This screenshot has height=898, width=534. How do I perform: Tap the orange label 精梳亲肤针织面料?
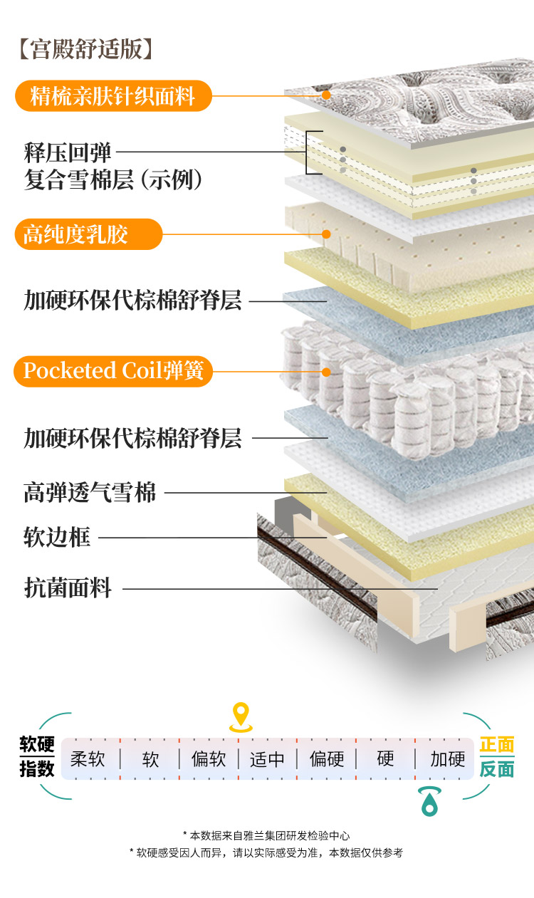(113, 95)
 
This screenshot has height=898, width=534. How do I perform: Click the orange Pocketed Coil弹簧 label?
(113, 371)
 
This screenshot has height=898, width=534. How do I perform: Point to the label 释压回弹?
(68, 152)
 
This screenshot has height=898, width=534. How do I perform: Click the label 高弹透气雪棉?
(90, 492)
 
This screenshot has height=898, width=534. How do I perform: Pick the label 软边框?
(57, 537)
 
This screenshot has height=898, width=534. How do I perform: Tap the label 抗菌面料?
(68, 589)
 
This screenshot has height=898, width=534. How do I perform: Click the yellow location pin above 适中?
(241, 716)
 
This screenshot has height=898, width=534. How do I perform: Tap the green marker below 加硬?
(429, 801)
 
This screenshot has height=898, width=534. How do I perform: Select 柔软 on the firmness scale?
(88, 759)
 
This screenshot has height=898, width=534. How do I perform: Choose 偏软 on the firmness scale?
(209, 759)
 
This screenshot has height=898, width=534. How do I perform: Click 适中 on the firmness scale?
(267, 759)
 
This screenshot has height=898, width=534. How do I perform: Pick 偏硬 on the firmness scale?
(327, 759)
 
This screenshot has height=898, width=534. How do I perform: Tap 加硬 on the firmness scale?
(448, 759)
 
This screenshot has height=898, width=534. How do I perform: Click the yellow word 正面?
(497, 745)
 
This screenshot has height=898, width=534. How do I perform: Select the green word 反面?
(497, 769)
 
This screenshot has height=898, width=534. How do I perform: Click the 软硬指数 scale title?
(37, 757)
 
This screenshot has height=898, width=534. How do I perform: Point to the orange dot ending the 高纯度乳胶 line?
(326, 234)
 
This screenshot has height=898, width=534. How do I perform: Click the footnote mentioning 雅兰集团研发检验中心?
(266, 835)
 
